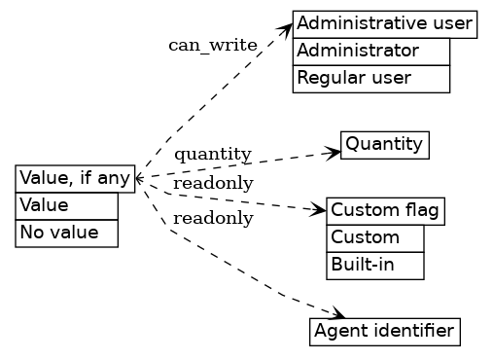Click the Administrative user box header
384,23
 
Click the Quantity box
384,145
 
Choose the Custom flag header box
385,210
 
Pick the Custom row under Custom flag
375,238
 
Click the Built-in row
375,265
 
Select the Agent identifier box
384,332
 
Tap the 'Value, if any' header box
75,178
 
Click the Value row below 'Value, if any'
66,206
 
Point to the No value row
66,234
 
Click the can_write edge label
212,45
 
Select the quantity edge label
213,154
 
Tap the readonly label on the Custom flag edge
213,184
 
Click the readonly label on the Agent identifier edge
213,218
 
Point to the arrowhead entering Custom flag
320,209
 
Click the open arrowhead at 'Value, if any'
140,179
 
